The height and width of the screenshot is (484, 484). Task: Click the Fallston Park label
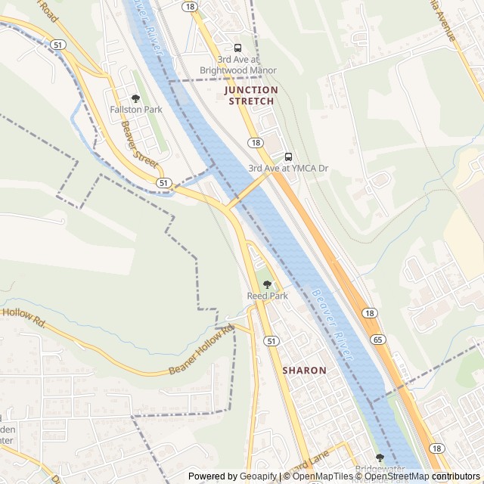[136, 110]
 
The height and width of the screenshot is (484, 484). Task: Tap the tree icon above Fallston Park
[136, 98]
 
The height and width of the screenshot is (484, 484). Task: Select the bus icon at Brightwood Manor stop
[237, 48]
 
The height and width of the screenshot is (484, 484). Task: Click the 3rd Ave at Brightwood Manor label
[237, 65]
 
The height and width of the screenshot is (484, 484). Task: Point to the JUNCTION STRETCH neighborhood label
[251, 95]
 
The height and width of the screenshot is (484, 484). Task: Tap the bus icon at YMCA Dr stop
[288, 157]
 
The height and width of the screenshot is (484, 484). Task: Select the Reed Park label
[267, 296]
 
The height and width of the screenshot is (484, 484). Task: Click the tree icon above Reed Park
[267, 285]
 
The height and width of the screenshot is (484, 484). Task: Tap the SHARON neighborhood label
[305, 371]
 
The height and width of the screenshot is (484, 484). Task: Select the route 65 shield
[377, 340]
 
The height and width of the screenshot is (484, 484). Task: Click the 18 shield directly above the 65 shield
[369, 313]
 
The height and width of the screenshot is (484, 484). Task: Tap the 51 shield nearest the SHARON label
[271, 342]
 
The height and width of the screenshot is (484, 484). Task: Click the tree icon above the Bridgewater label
[380, 458]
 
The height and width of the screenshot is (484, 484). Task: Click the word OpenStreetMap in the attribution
[396, 476]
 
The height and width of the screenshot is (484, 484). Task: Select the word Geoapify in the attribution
[259, 476]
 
